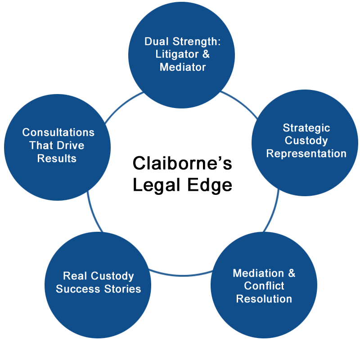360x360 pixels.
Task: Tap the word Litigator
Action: [177, 54]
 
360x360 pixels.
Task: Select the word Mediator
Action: [183, 67]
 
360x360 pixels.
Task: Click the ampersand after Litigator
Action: [206, 54]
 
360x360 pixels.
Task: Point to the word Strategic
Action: [306, 128]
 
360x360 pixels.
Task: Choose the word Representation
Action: [306, 153]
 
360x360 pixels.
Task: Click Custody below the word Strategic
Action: [306, 141]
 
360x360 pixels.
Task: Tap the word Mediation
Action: [258, 273]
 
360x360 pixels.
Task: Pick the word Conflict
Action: [264, 286]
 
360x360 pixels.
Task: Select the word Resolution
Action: [264, 299]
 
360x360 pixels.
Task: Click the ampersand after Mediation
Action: [292, 273]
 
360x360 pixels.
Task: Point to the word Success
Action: [78, 289]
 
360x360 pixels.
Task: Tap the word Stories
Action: [122, 289]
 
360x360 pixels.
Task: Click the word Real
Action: [75, 276]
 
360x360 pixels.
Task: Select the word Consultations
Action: [58, 132]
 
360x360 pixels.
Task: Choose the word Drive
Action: [70, 145]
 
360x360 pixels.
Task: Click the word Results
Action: [57, 158]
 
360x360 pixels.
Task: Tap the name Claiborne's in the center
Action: [182, 163]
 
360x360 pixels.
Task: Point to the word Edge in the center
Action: [210, 185]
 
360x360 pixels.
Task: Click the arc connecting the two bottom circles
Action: [181, 275]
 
